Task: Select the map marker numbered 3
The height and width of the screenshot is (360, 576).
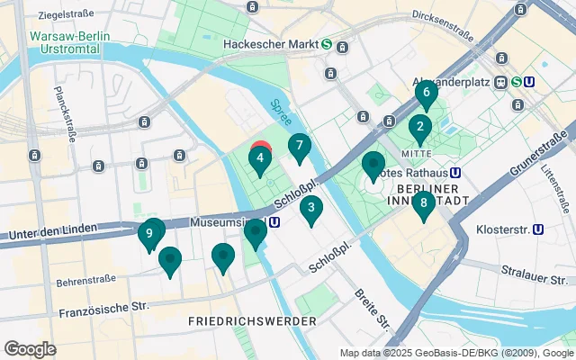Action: [311, 211]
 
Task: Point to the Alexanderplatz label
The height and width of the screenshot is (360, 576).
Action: [450, 79]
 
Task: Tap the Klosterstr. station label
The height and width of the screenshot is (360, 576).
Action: [499, 229]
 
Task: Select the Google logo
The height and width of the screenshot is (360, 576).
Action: [30, 348]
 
